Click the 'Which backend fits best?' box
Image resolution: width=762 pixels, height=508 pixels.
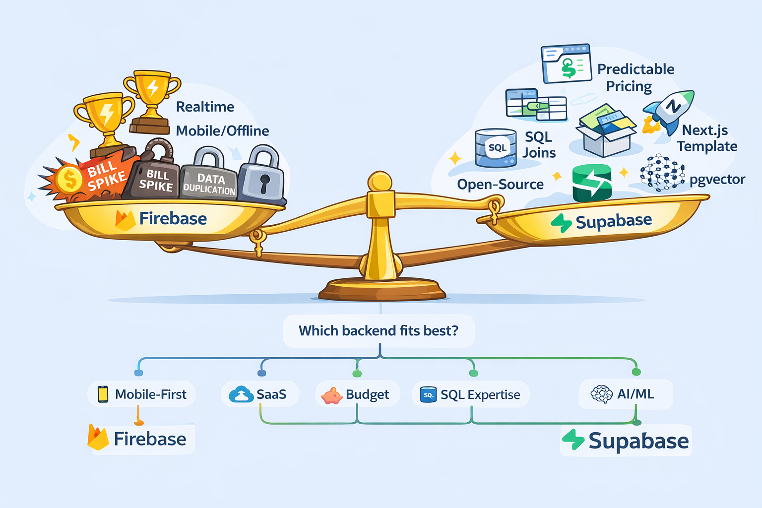pyautogui.click(x=379, y=331)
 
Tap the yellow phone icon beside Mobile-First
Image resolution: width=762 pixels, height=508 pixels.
pyautogui.click(x=103, y=394)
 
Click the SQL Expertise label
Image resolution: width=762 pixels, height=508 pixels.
pyautogui.click(x=480, y=395)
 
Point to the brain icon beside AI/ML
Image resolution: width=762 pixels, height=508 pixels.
pyautogui.click(x=602, y=394)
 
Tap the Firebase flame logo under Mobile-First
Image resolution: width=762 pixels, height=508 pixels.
pyautogui.click(x=98, y=438)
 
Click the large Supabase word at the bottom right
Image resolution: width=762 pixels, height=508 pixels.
pyautogui.click(x=638, y=441)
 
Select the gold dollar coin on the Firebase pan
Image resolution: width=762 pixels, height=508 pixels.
pyautogui.click(x=69, y=179)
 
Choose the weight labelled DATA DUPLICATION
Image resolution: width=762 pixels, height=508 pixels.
pyautogui.click(x=209, y=179)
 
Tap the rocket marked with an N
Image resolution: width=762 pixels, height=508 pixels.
pyautogui.click(x=671, y=110)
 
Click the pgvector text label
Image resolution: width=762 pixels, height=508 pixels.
pyautogui.click(x=717, y=180)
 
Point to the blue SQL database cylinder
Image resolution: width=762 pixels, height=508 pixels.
pyautogui.click(x=496, y=148)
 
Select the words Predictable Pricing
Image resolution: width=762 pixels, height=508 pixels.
pyautogui.click(x=635, y=77)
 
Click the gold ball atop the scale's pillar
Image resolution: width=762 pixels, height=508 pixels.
pyautogui.click(x=381, y=182)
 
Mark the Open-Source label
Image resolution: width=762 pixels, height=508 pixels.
pyautogui.click(x=500, y=185)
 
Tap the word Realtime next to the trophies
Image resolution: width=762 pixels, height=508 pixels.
pyautogui.click(x=205, y=107)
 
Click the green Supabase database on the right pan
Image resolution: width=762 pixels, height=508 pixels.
pyautogui.click(x=592, y=183)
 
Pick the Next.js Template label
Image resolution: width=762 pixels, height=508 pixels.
pyautogui.click(x=706, y=138)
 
